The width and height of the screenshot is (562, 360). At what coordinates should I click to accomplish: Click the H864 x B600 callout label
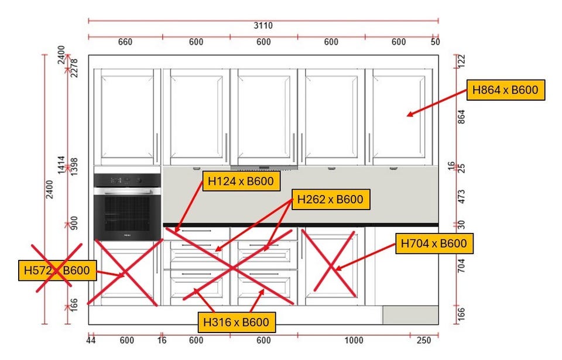pyautogui.click(x=505, y=90)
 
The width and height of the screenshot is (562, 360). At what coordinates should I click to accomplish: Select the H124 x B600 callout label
pyautogui.click(x=240, y=181)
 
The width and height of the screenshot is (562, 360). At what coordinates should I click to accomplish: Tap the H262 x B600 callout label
pyautogui.click(x=330, y=200)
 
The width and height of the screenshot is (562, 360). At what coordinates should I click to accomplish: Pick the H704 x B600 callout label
pyautogui.click(x=433, y=244)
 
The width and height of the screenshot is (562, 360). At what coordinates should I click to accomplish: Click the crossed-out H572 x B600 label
pyautogui.click(x=57, y=270)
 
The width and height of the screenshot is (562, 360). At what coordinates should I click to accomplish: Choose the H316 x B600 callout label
pyautogui.click(x=236, y=321)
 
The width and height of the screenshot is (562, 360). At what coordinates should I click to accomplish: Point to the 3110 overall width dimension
pyautogui.click(x=263, y=26)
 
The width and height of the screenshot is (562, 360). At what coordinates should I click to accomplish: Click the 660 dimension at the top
pyautogui.click(x=125, y=42)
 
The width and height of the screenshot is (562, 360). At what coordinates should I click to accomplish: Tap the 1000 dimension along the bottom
pyautogui.click(x=354, y=341)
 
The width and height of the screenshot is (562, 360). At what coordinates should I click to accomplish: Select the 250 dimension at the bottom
pyautogui.click(x=423, y=341)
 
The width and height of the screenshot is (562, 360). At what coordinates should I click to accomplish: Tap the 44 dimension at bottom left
pyautogui.click(x=91, y=341)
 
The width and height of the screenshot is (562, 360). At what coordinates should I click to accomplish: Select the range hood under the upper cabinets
pyautogui.click(x=263, y=167)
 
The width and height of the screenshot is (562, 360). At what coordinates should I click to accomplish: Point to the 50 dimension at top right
pyautogui.click(x=435, y=42)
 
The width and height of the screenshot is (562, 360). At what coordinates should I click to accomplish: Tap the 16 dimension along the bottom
pyautogui.click(x=162, y=341)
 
